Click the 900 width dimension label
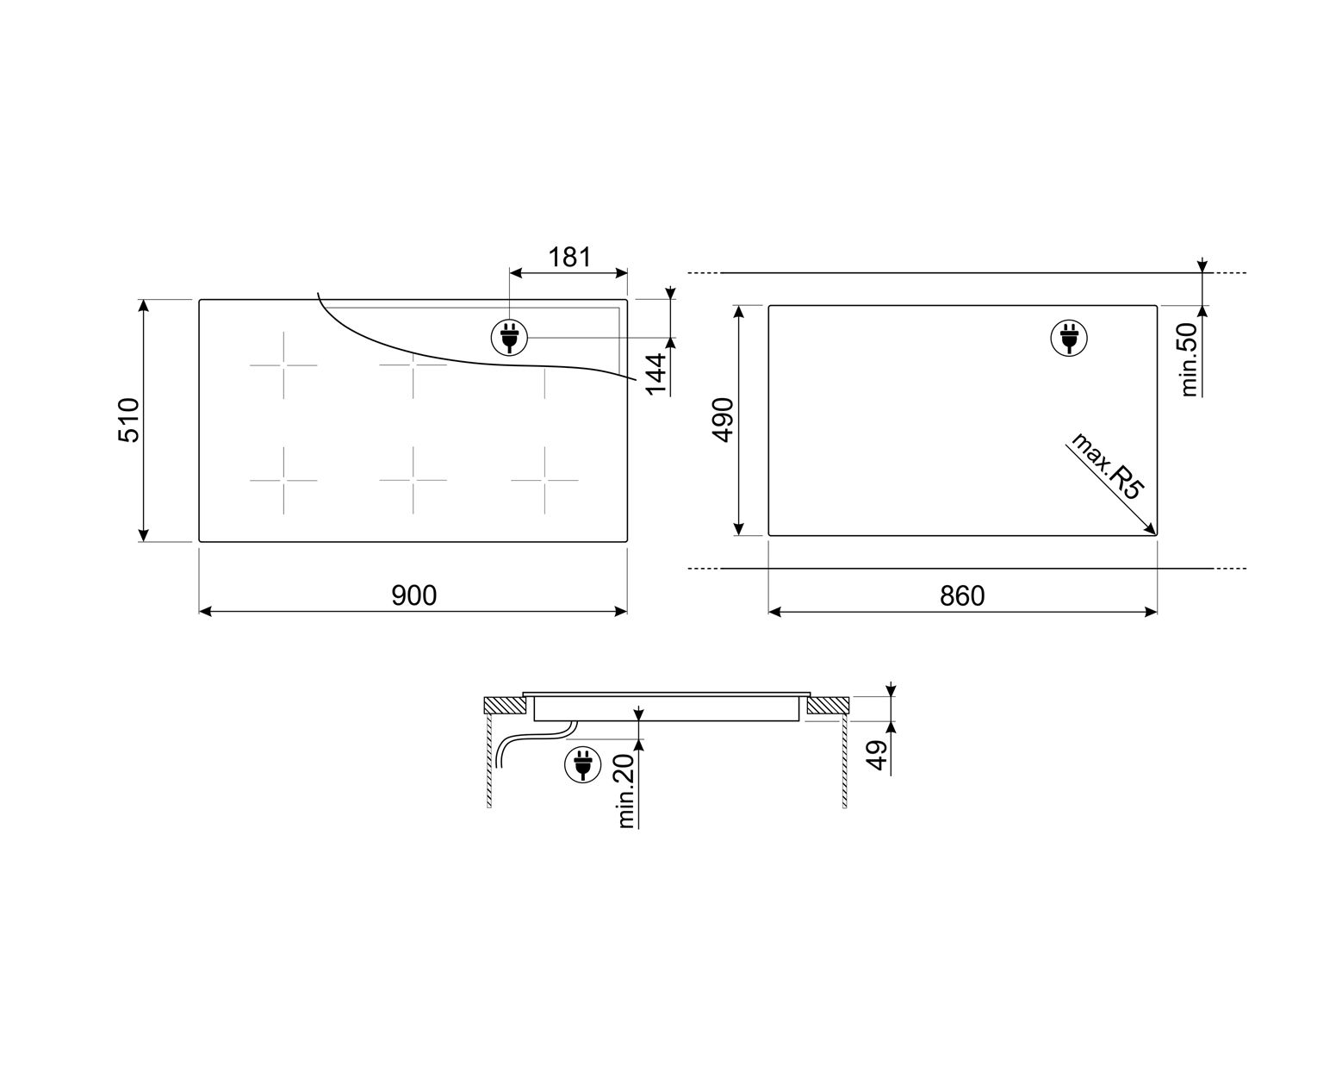pos(413,595)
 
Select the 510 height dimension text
pos(129,420)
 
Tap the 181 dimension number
pos(569,257)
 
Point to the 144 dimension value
pos(655,374)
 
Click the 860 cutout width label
pos(962,596)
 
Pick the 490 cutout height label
pos(723,420)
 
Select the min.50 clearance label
pos(1189,359)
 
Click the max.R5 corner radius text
pos(1106,466)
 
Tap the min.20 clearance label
pos(626,791)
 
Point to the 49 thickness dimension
pos(877,756)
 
